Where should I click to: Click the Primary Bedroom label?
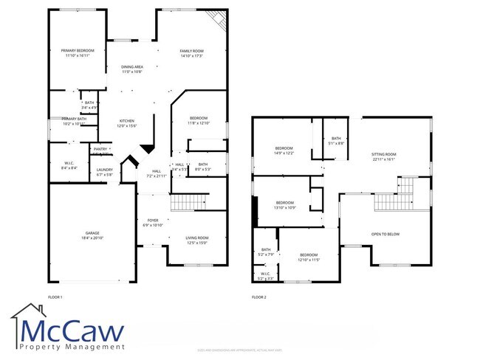(x=78, y=52)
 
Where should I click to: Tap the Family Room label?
(x=191, y=52)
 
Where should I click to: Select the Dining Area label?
(x=132, y=69)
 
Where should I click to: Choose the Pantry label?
(x=101, y=150)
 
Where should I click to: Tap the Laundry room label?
(x=104, y=172)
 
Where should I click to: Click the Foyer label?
(x=152, y=222)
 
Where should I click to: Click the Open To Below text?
(x=385, y=234)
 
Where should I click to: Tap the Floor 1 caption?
(x=55, y=297)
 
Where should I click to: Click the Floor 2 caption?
(x=258, y=297)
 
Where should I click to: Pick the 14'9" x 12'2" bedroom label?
(x=284, y=150)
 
